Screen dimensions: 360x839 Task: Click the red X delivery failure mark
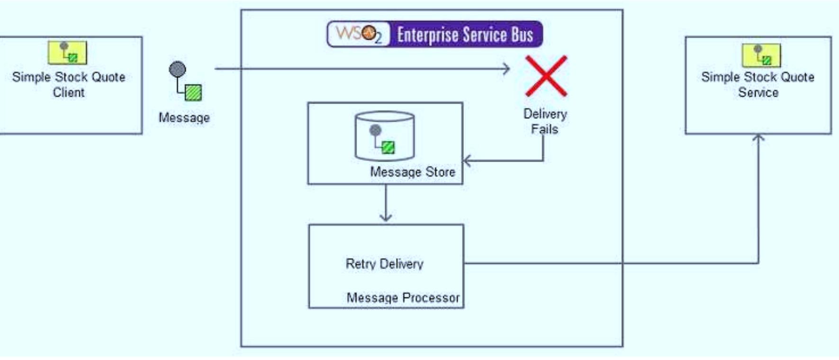546,76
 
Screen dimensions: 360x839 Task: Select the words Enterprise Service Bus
465,35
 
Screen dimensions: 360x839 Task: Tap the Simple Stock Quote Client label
69,84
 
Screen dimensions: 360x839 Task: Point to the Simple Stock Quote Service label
758,84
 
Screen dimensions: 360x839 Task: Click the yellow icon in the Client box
67,52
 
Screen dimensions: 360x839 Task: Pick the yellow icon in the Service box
761,55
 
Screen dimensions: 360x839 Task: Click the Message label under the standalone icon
184,117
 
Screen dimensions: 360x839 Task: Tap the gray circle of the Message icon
177,70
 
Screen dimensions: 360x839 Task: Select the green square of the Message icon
193,92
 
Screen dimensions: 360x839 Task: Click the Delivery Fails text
545,121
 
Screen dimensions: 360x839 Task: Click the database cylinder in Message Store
384,136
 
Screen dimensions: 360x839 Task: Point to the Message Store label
412,172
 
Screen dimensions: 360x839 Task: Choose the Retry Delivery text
384,264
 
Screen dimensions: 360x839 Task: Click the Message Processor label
403,297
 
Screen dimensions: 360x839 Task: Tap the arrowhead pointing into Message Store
466,161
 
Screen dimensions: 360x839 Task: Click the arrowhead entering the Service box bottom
758,138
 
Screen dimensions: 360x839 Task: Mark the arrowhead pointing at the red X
506,69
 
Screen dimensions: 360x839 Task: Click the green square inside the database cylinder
388,148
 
